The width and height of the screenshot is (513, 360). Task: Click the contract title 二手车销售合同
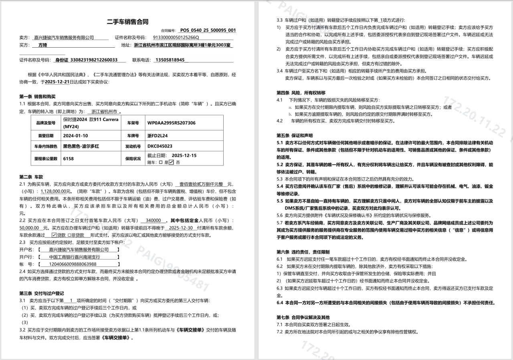coord(128,22)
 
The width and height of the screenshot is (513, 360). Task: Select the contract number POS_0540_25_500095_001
coord(208,30)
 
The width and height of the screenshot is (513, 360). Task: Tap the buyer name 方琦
coord(42,45)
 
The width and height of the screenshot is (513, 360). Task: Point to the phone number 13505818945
coord(170,60)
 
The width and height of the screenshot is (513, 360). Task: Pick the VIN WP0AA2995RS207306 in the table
coord(172,123)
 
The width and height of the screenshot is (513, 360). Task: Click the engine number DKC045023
coord(160,146)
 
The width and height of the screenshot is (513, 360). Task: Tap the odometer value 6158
coord(69,159)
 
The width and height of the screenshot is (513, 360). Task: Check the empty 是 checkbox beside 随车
coord(161,162)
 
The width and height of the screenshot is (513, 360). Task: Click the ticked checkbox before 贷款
coord(54,235)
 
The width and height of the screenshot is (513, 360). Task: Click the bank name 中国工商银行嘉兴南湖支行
coord(75,257)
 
